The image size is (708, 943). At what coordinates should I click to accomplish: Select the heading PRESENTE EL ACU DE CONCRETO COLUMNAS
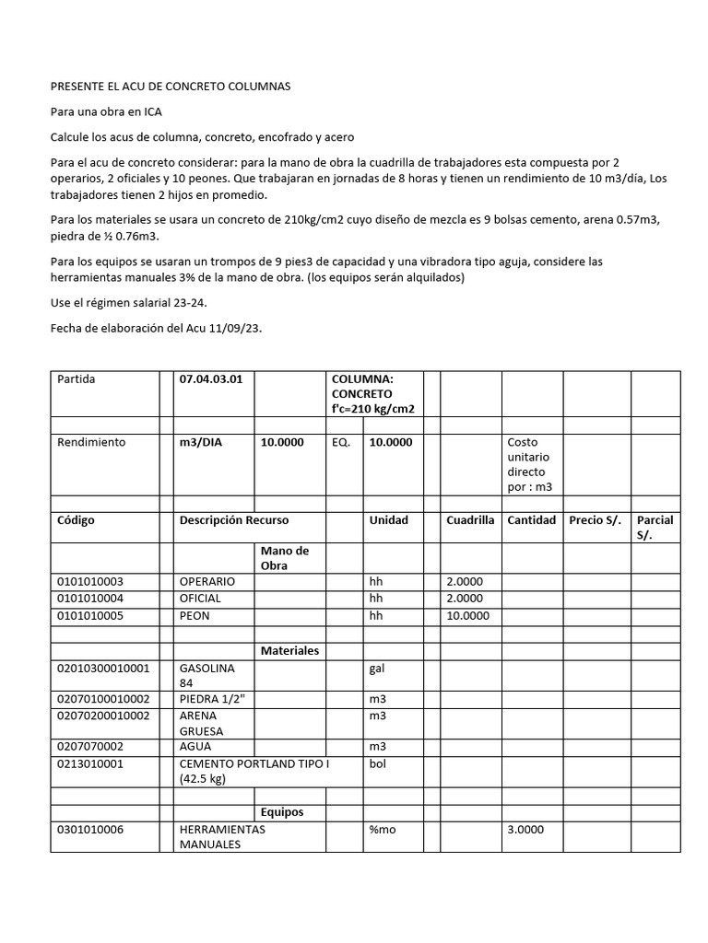[x=170, y=87]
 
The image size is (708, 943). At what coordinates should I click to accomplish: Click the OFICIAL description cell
[x=201, y=599]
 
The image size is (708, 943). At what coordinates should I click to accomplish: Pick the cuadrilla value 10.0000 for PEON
[x=468, y=615]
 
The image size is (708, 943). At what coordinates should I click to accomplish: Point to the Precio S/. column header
[x=596, y=520]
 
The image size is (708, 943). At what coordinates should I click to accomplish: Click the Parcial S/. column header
[x=655, y=527]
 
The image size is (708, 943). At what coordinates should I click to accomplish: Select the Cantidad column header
[x=531, y=520]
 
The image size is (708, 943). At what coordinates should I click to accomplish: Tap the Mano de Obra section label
[x=285, y=558]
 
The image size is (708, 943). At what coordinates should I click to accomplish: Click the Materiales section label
[x=289, y=650]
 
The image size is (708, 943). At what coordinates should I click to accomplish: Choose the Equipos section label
[x=282, y=812]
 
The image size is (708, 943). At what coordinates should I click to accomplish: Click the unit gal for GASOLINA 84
[x=377, y=668]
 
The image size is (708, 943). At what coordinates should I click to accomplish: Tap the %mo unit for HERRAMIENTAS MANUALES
[x=383, y=830]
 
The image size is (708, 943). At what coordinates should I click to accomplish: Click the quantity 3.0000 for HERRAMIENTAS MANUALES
[x=525, y=830]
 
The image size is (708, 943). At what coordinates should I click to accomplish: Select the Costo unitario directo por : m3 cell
[x=530, y=464]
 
